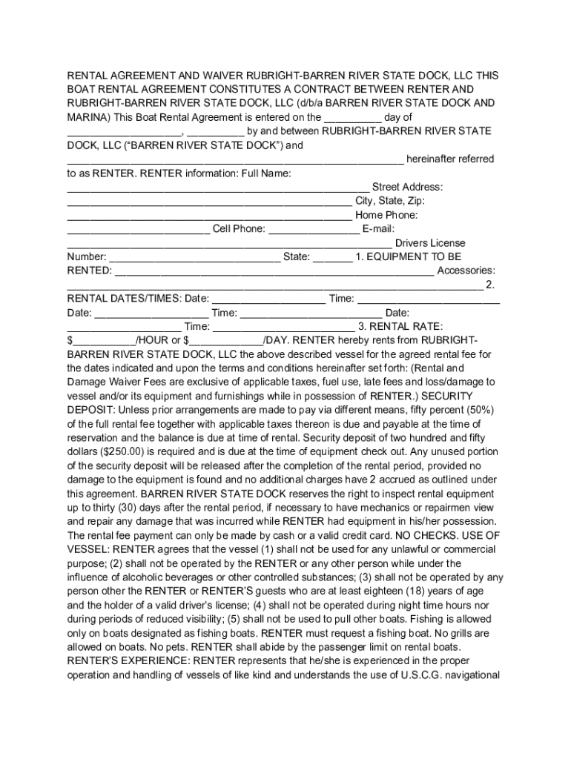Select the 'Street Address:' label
[x=407, y=187]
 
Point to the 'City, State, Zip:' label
[x=390, y=201]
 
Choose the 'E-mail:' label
[x=379, y=229]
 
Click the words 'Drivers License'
[x=430, y=243]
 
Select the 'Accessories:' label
[x=466, y=271]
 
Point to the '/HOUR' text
[x=152, y=340]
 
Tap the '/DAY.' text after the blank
[x=279, y=340]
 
